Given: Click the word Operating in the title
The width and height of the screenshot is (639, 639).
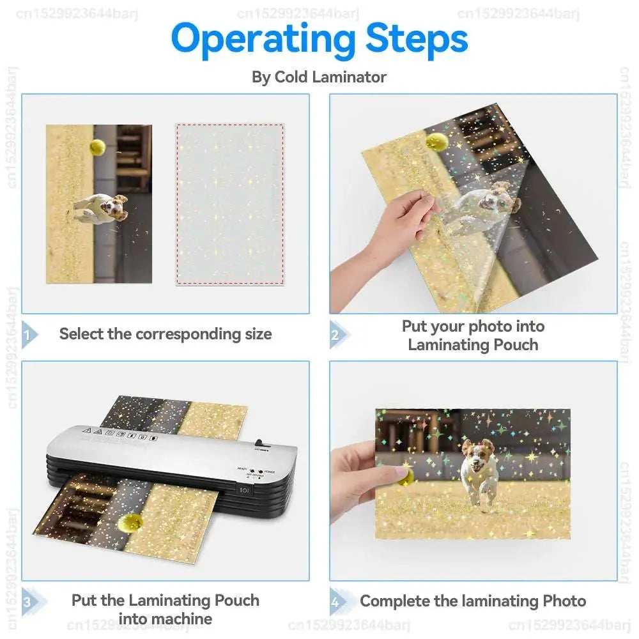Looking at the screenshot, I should coord(262,40).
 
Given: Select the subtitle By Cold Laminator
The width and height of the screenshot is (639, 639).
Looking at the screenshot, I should coord(319,77).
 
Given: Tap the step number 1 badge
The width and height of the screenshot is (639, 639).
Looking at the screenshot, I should coord(28,334).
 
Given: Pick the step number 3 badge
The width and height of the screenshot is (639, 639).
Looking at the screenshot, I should coord(28,601).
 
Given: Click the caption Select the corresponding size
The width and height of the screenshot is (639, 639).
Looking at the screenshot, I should coord(166,334).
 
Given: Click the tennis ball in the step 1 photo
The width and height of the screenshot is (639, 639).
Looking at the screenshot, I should coord(98,148).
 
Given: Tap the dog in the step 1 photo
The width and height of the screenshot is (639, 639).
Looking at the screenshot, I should coord(102,208).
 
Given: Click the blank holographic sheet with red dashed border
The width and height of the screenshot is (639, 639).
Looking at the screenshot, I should coord(229,204).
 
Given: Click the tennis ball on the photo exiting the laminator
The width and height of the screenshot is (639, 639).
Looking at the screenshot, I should coord(130,523).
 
